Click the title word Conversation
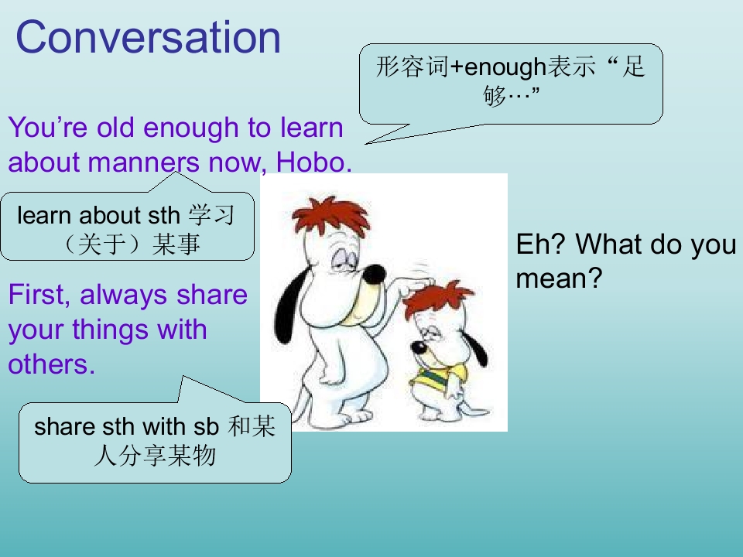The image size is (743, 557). click(x=149, y=37)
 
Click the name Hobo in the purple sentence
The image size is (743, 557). click(x=311, y=162)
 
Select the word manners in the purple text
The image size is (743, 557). click(x=144, y=162)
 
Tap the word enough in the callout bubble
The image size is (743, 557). click(x=505, y=67)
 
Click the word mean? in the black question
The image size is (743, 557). click(x=559, y=278)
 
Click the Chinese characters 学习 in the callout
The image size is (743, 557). click(x=211, y=216)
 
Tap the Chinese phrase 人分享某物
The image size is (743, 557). click(x=155, y=456)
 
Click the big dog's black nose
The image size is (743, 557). click(x=374, y=275)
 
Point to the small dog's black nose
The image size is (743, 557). click(x=419, y=347)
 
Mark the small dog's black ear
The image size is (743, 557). click(x=475, y=348)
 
